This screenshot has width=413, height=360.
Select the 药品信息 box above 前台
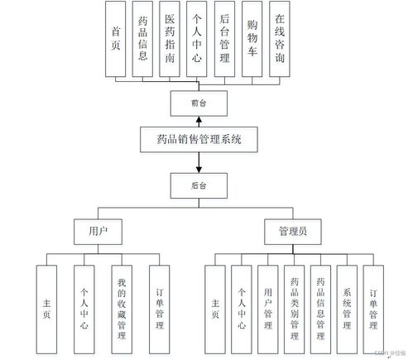(143, 39)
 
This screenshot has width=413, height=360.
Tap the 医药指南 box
(170, 39)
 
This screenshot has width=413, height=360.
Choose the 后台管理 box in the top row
(224, 39)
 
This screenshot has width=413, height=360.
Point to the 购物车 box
(252, 39)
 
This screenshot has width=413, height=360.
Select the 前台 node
(197, 103)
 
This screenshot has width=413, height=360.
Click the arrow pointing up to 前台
(197, 121)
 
